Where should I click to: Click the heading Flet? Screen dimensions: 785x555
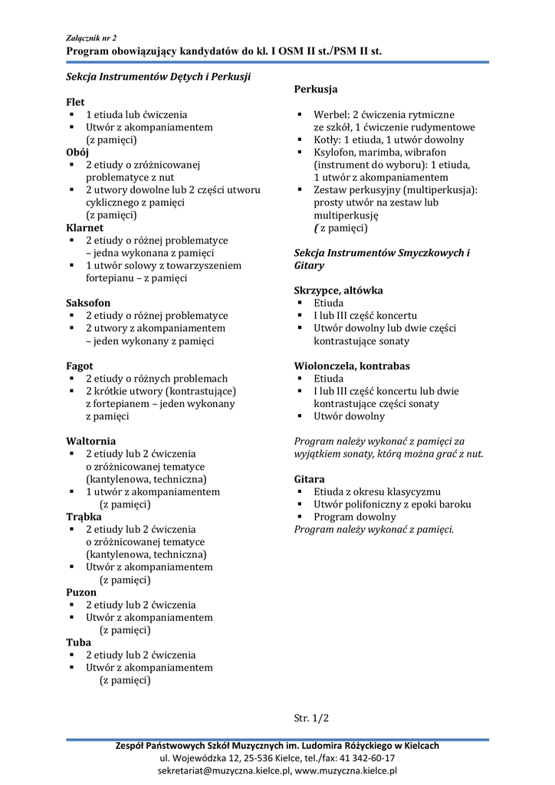click(x=75, y=102)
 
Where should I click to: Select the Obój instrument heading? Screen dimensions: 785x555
click(x=77, y=153)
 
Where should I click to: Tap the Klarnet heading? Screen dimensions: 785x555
click(x=84, y=228)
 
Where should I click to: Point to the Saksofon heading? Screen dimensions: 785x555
click(x=88, y=303)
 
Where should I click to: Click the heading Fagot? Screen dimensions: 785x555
click(x=80, y=366)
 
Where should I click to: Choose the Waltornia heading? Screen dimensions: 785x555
click(x=91, y=441)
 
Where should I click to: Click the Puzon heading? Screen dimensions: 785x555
click(x=81, y=592)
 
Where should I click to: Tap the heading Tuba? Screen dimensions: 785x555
click(x=78, y=642)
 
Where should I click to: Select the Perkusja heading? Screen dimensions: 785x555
click(x=316, y=90)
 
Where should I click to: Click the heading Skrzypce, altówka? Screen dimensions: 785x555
click(x=338, y=291)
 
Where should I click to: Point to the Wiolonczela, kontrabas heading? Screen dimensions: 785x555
click(x=352, y=366)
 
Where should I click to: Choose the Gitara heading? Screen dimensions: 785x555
click(x=309, y=479)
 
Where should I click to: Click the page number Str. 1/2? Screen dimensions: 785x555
click(x=311, y=718)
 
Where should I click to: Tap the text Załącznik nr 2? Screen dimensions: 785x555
click(x=91, y=37)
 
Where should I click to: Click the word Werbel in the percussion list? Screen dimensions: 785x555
click(x=330, y=115)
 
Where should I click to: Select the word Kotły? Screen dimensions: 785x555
click(x=327, y=140)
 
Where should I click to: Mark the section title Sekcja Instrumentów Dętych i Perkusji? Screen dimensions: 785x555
click(x=159, y=77)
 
